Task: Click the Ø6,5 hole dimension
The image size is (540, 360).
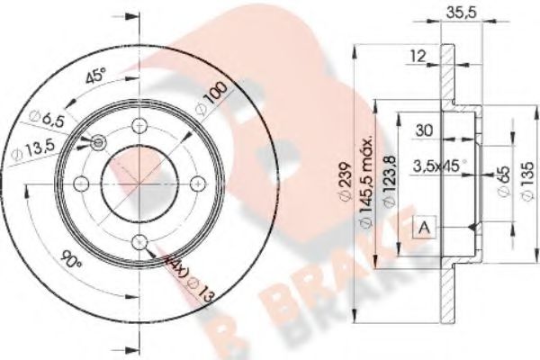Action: [x=42, y=117]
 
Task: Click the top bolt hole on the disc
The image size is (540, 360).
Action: [x=138, y=126]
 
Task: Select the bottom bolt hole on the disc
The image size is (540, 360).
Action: [x=138, y=240]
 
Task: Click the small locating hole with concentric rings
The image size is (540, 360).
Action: [x=97, y=143]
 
